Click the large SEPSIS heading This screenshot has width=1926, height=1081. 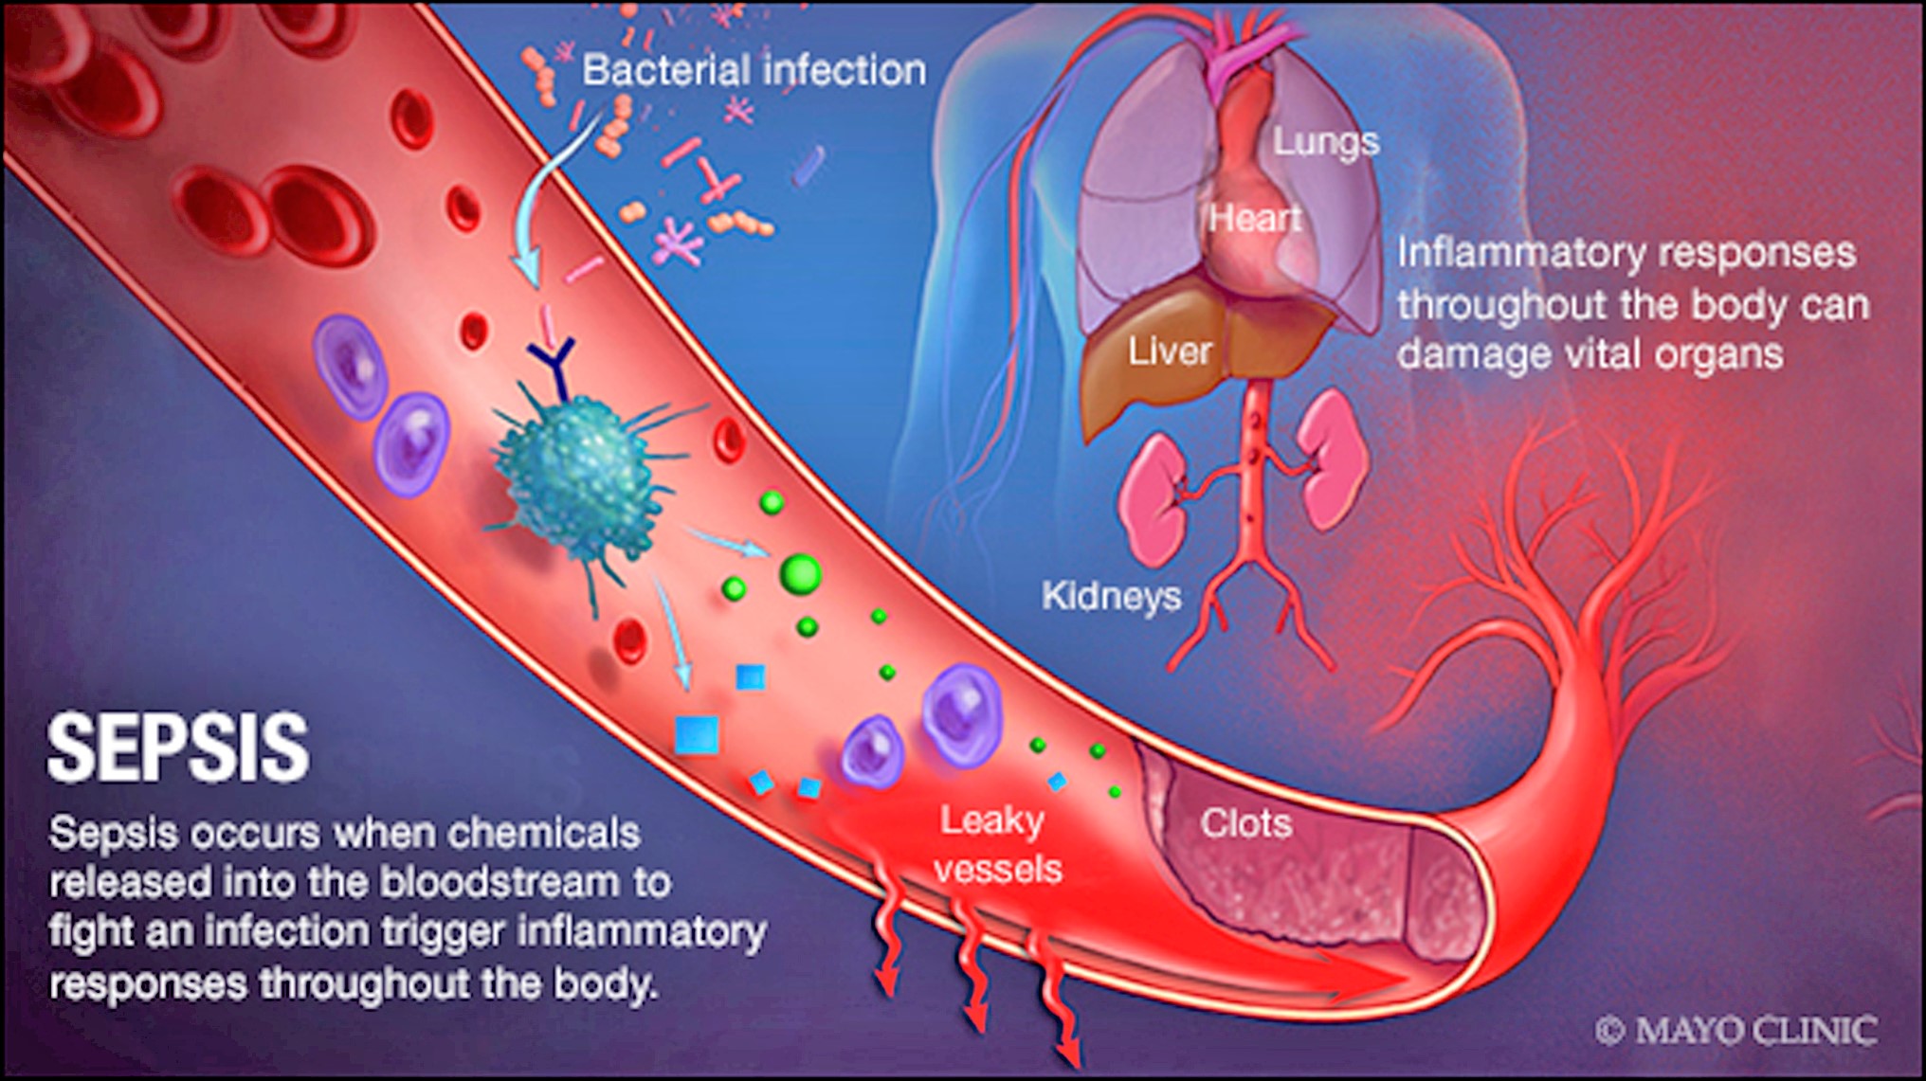click(x=178, y=748)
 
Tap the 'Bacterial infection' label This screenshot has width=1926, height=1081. click(x=754, y=70)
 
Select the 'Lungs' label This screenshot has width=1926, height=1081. click(x=1325, y=141)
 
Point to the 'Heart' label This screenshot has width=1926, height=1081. click(x=1254, y=219)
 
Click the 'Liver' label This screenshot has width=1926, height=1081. click(x=1169, y=351)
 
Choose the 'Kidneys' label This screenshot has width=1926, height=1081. click(x=1111, y=596)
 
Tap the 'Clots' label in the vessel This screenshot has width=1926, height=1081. click(x=1245, y=823)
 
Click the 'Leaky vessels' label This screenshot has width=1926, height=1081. click(x=996, y=844)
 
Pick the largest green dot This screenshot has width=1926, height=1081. click(x=800, y=573)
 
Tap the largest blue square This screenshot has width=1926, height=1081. click(x=697, y=735)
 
